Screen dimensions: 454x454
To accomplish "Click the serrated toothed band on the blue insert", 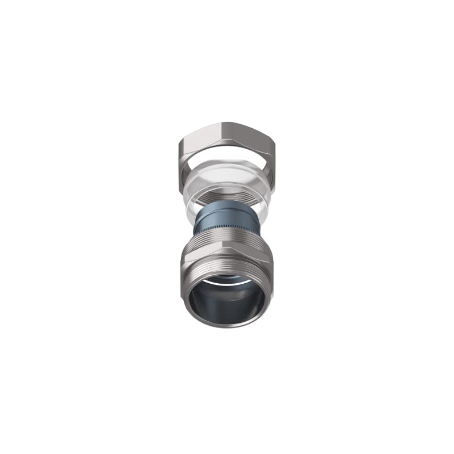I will (x=226, y=230).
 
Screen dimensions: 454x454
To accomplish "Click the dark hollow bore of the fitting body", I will (x=226, y=301).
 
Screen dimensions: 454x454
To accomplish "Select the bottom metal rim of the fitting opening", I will (x=226, y=325).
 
